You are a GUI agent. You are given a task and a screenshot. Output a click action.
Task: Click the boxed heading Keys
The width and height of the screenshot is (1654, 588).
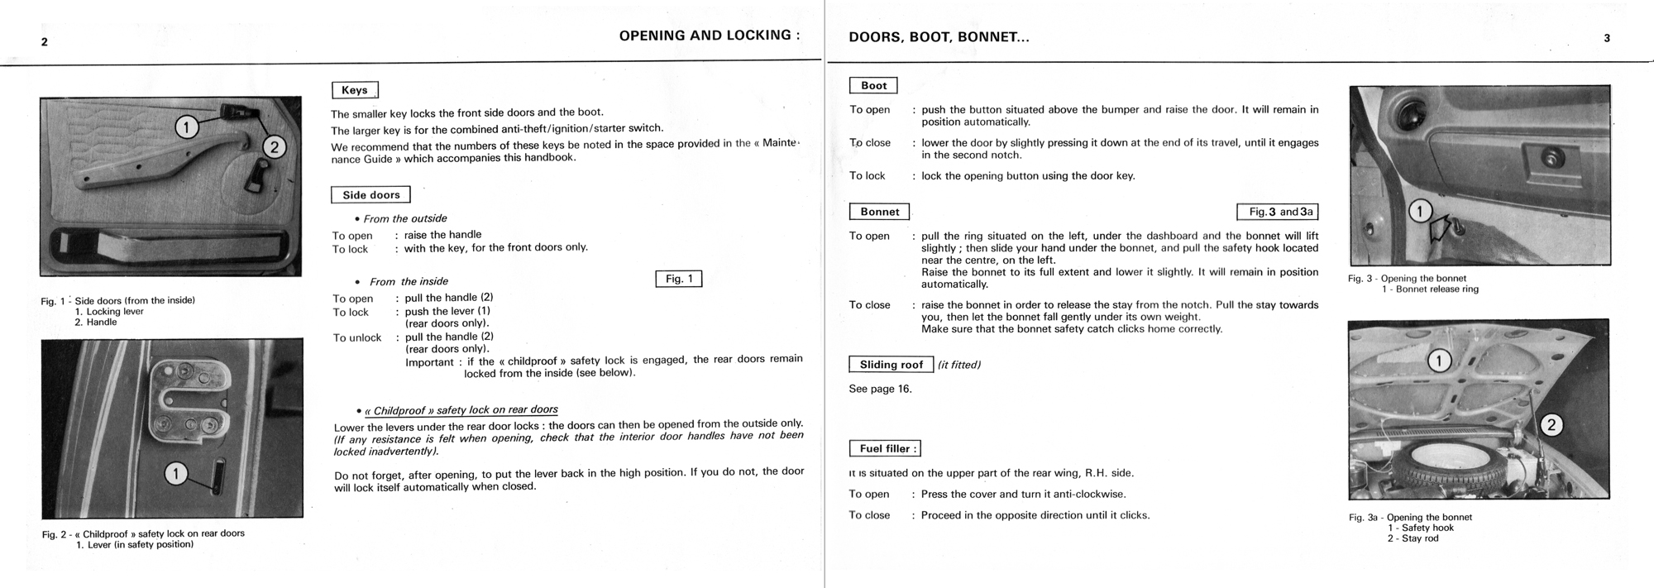[x=355, y=90]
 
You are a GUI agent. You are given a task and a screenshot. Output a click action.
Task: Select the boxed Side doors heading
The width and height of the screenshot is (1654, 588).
[x=370, y=195]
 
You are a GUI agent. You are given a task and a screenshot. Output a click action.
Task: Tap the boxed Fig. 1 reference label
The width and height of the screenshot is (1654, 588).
[x=678, y=279]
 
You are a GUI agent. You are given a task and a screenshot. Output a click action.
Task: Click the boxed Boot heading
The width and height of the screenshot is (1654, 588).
[x=873, y=85]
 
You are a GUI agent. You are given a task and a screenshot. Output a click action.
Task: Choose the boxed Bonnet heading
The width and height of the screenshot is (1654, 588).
[x=879, y=212]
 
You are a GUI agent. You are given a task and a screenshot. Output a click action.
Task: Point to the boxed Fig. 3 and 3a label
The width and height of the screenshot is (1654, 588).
[x=1278, y=212]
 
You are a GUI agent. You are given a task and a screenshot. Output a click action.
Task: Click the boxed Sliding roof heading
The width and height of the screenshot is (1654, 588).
[x=891, y=365]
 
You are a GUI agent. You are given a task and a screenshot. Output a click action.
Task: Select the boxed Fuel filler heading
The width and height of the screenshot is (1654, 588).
[x=885, y=448]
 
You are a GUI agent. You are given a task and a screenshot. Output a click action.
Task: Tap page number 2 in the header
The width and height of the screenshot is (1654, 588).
[x=45, y=42]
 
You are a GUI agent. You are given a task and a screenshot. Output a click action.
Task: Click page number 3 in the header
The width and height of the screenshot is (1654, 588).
[x=1607, y=38]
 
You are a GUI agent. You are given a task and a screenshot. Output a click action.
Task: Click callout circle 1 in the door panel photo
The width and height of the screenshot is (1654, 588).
[x=187, y=127]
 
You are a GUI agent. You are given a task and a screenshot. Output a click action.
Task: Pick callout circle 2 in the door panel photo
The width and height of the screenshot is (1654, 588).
[x=274, y=147]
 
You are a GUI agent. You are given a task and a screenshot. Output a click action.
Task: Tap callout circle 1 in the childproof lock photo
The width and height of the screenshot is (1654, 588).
[x=176, y=474]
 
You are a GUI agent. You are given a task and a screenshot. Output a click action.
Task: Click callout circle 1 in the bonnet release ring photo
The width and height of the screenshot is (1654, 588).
[x=1420, y=212]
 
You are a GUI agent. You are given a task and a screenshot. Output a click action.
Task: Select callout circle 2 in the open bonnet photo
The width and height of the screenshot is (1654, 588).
[x=1551, y=425]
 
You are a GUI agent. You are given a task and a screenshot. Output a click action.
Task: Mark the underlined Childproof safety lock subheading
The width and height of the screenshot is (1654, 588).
[x=461, y=410]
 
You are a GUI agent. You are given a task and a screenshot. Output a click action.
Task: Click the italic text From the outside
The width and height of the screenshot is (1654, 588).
[x=405, y=218]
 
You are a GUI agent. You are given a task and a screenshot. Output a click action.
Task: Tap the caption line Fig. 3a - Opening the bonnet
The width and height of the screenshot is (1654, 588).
[x=1410, y=518]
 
